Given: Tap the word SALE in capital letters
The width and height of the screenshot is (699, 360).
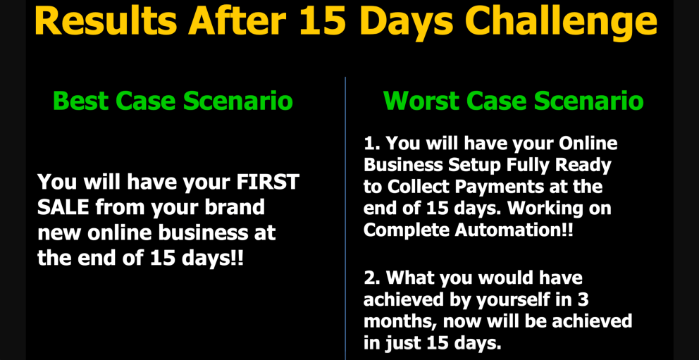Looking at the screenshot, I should (64, 207).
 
